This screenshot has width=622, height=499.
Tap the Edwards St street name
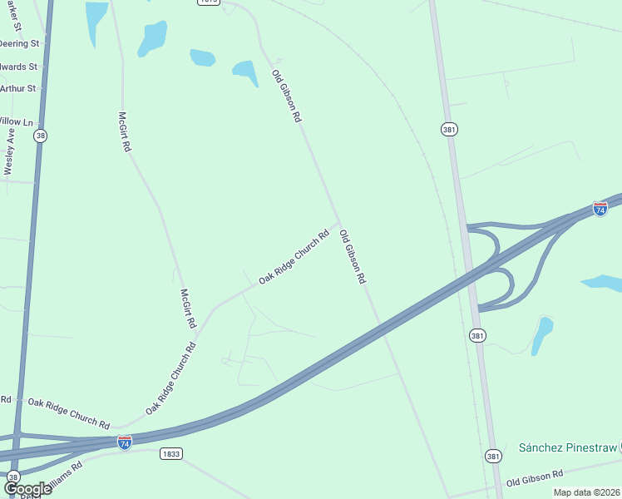[x=20, y=67]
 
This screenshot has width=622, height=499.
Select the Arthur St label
[x=18, y=88]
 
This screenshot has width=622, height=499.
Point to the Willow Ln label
[x=17, y=121]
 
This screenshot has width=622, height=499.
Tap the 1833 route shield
[x=169, y=453]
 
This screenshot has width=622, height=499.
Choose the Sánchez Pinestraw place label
[x=568, y=447]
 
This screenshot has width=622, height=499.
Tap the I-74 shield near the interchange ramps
[x=600, y=208]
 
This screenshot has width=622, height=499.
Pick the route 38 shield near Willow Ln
[x=40, y=136]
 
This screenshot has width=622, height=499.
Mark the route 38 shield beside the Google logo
[x=13, y=477]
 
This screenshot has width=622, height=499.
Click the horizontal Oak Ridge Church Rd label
[x=68, y=413]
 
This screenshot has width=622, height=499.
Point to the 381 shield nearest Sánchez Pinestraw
[x=493, y=456]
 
